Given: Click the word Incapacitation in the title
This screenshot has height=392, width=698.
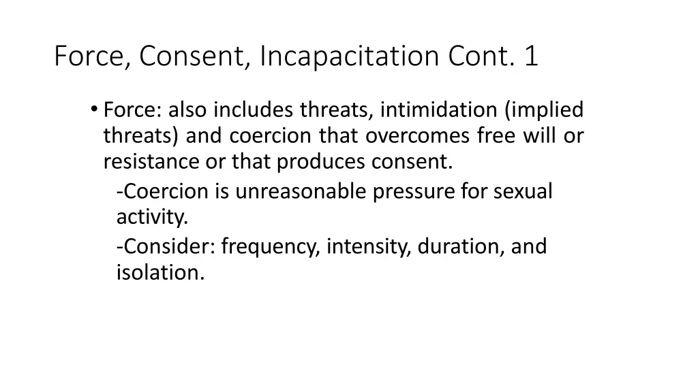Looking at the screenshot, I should [352, 56].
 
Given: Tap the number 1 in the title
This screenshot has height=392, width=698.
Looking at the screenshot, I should [531, 56].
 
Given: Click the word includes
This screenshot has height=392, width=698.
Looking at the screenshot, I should [256, 110].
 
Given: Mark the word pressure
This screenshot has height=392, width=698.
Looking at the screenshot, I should [414, 192].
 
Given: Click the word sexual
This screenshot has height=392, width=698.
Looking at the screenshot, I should [523, 192].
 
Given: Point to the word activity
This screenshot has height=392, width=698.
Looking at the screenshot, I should [151, 218].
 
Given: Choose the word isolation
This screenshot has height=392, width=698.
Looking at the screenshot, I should [160, 272].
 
